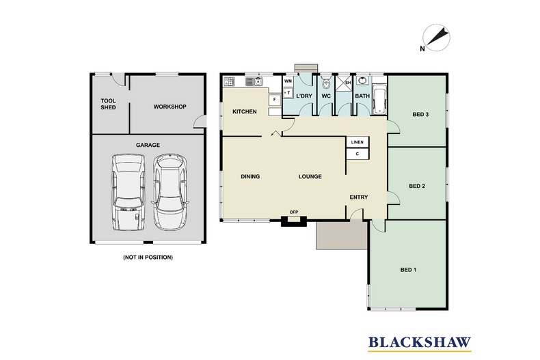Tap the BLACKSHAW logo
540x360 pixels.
pyautogui.click(x=420, y=343)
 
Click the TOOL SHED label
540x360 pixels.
pyautogui.click(x=108, y=104)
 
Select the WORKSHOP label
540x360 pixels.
pyautogui.click(x=170, y=107)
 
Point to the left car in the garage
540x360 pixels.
pyautogui.click(x=128, y=192)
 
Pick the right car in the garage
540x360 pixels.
pyautogui.click(x=170, y=192)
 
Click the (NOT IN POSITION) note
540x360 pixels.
pyautogui.click(x=148, y=257)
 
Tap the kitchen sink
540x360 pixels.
pyautogui.click(x=254, y=81)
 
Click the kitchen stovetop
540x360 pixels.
pyautogui.click(x=230, y=81)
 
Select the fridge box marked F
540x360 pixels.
pyautogui.click(x=275, y=100)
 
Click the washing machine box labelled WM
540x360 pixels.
pyautogui.click(x=288, y=81)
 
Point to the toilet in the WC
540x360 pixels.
pyautogui.click(x=326, y=83)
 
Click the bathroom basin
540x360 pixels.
pyautogui.click(x=362, y=81)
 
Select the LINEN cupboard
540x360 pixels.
pyautogui.click(x=357, y=142)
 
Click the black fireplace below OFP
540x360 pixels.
pyautogui.click(x=294, y=221)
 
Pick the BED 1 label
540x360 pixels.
pyautogui.click(x=408, y=270)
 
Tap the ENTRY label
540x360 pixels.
pyautogui.click(x=359, y=197)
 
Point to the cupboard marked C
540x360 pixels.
pyautogui.click(x=357, y=154)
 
